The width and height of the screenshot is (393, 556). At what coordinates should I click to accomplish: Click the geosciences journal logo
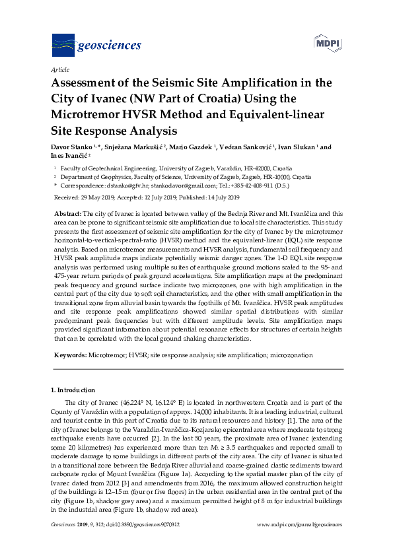point(96,45)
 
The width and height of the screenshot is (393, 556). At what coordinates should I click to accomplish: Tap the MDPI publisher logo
point(328,43)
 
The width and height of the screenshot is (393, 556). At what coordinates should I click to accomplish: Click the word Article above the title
point(60,69)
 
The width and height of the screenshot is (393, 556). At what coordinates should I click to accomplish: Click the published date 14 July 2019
point(219,197)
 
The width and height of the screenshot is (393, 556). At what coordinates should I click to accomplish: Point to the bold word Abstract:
point(67,215)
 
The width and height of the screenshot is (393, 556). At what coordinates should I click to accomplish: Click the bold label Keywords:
point(70,355)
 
